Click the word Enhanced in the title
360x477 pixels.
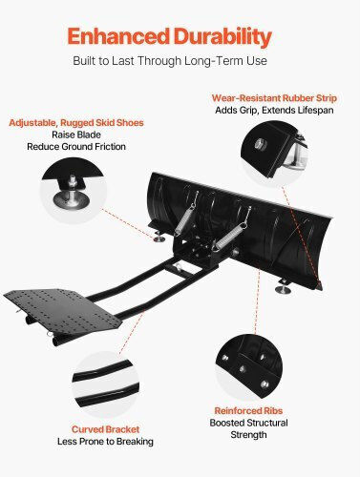coord(118,36)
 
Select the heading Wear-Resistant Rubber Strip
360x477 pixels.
coord(274,98)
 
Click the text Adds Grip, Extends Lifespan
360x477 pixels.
coord(274,110)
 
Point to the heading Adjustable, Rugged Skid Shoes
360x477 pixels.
coord(76,123)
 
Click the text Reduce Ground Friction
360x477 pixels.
coord(76,147)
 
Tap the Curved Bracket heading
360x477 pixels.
coord(105,429)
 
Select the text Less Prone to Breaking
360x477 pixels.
coord(105,442)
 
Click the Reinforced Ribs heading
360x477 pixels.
coord(248,411)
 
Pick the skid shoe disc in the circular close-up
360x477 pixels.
coord(70,199)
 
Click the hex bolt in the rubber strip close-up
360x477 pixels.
coord(260,144)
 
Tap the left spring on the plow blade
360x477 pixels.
coord(186,215)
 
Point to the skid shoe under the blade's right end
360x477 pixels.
coord(283,288)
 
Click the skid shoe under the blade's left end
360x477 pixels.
coord(159,238)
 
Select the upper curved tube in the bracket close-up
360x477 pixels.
coord(102,370)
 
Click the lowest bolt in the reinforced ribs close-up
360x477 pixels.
coord(265,384)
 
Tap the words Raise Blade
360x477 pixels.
coord(76,135)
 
